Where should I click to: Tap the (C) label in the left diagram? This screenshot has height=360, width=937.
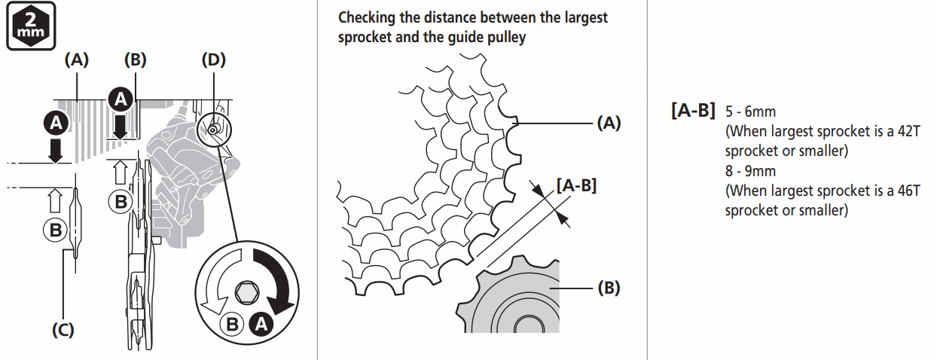[63, 330]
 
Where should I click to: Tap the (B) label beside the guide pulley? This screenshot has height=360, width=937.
[609, 288]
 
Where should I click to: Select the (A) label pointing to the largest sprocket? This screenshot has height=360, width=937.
[609, 124]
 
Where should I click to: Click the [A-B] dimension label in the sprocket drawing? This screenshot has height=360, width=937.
[575, 184]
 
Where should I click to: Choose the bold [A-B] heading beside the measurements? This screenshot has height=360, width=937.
[692, 111]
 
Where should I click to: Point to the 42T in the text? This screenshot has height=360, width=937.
[905, 132]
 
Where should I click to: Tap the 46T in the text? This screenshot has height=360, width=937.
[905, 191]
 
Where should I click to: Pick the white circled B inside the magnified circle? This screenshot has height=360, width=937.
[233, 325]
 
